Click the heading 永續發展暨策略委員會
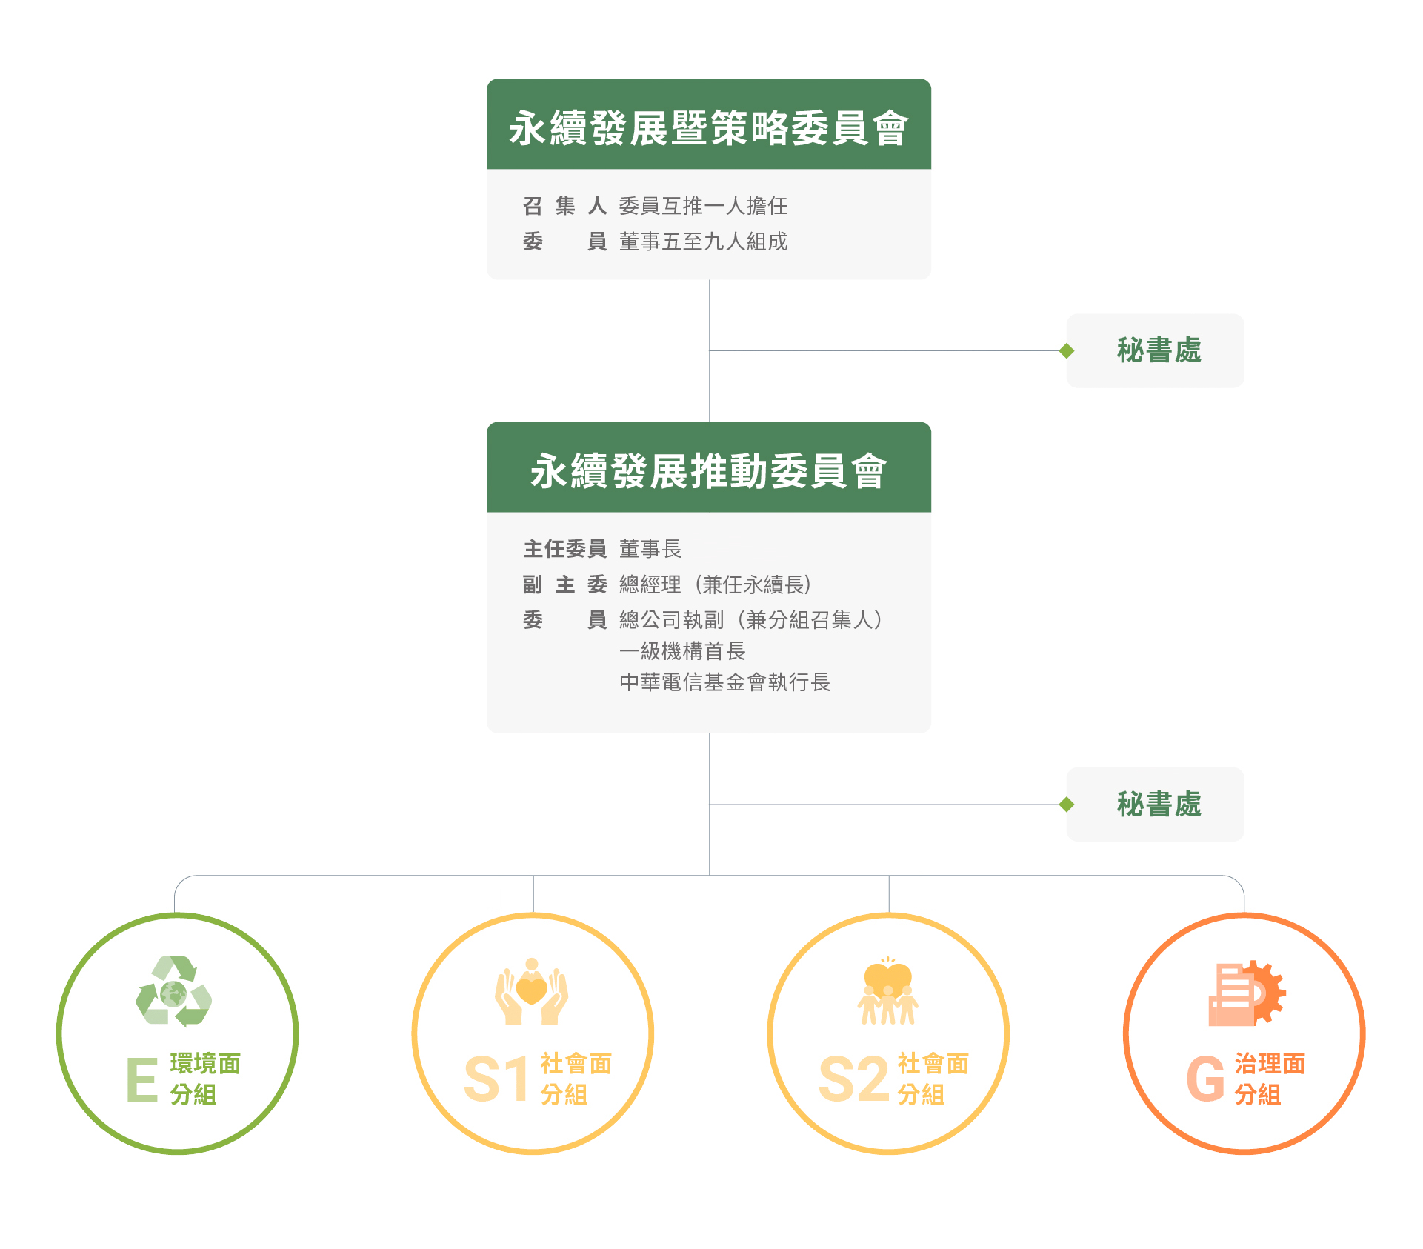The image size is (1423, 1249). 708,128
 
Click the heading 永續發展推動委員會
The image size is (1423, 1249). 708,471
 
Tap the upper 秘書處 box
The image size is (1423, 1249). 1155,350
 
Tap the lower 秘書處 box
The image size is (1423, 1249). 1155,804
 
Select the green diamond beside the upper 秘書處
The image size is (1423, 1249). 1067,350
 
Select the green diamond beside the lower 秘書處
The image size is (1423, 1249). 1067,804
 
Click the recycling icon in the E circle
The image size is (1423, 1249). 174,991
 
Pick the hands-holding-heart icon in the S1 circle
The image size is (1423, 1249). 532,991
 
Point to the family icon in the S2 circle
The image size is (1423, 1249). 887,990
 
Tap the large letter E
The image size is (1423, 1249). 141,1080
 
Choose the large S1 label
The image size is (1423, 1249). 496,1079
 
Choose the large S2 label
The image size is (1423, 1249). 853,1079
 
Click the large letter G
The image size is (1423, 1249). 1205,1079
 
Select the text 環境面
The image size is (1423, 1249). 205,1064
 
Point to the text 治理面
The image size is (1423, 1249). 1270,1064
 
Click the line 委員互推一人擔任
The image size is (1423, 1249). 703,206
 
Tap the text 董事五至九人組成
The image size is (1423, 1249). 703,242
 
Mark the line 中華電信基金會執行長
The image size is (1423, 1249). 724,682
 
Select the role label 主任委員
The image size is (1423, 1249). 565,549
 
